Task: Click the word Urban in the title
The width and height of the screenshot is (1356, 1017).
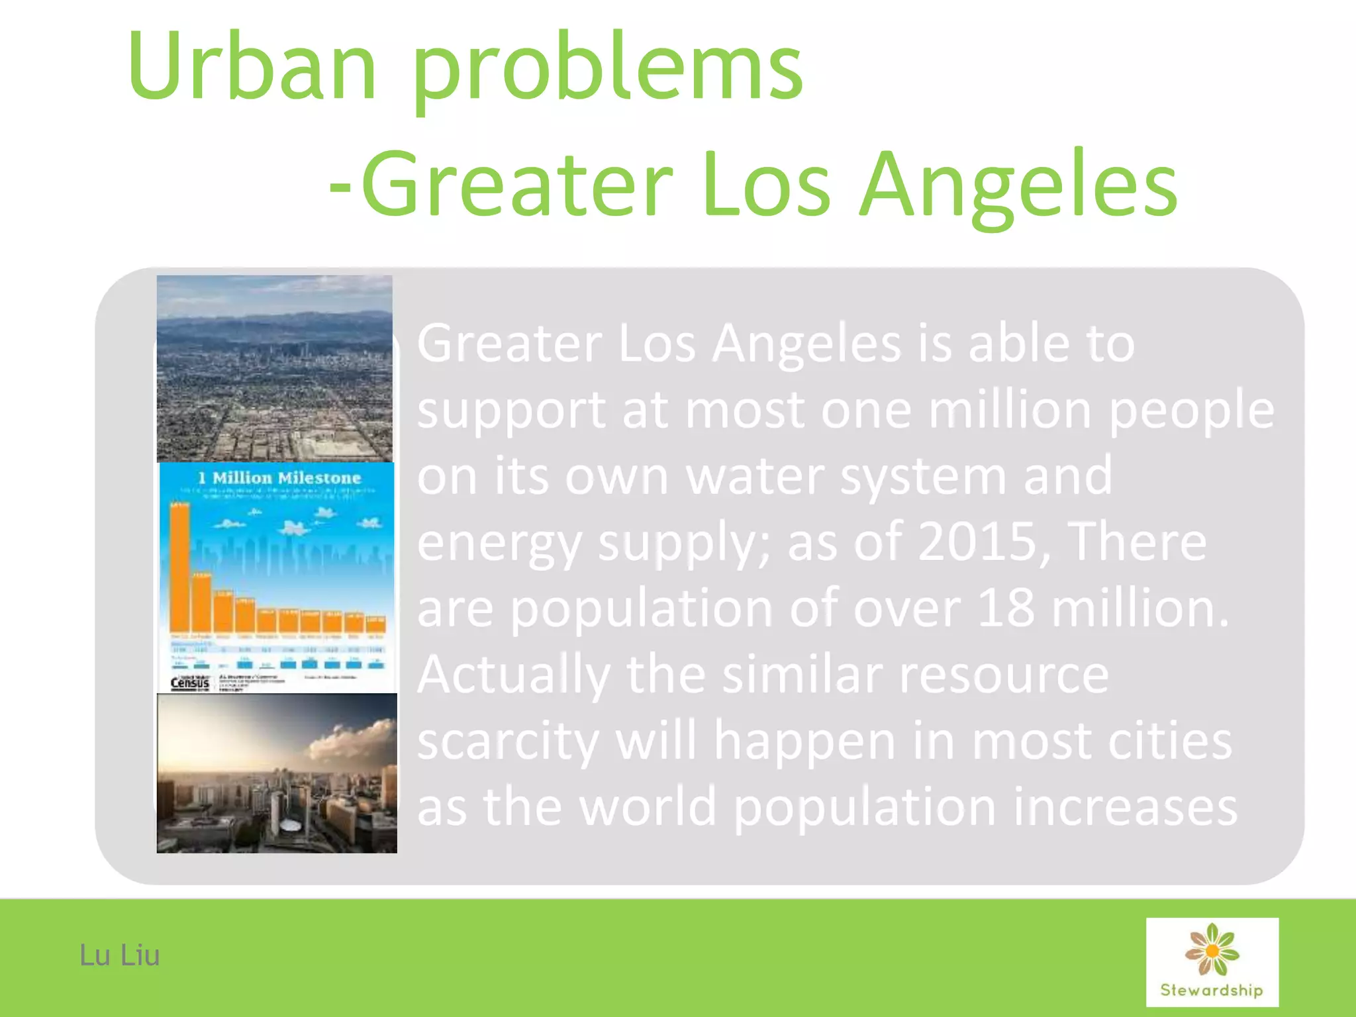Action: (x=252, y=66)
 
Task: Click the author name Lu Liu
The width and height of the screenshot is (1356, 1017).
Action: (x=119, y=955)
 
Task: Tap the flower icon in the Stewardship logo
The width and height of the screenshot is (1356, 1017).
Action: (x=1212, y=949)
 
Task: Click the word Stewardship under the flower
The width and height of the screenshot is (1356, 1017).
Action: (x=1212, y=991)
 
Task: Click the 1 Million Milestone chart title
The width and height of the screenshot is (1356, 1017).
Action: (x=279, y=478)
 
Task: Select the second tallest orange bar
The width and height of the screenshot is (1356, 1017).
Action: (x=201, y=603)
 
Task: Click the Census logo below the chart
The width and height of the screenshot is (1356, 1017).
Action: (x=190, y=683)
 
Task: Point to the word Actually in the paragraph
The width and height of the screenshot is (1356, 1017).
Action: (x=513, y=675)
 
